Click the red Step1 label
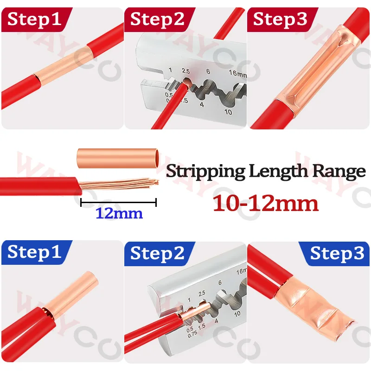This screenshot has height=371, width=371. pos(34,19)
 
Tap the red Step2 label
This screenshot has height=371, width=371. pos(157,19)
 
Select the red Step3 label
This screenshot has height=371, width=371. pos(280,19)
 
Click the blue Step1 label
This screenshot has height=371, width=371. pos(34,252)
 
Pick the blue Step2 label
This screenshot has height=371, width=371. pos(157,254)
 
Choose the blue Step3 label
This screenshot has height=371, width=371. pos(337,254)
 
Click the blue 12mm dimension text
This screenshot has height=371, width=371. pos(119,213)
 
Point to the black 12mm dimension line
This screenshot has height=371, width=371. pos(119,203)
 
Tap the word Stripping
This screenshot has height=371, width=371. pos(205,171)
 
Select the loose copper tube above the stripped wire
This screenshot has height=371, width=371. pos(118,158)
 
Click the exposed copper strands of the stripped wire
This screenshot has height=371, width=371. pos(119,184)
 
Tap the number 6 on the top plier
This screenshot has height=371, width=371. pos(208,71)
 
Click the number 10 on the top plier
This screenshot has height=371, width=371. pos(228,112)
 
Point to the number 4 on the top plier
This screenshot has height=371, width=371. pos(202,104)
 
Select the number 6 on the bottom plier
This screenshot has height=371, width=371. pos(220,282)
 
